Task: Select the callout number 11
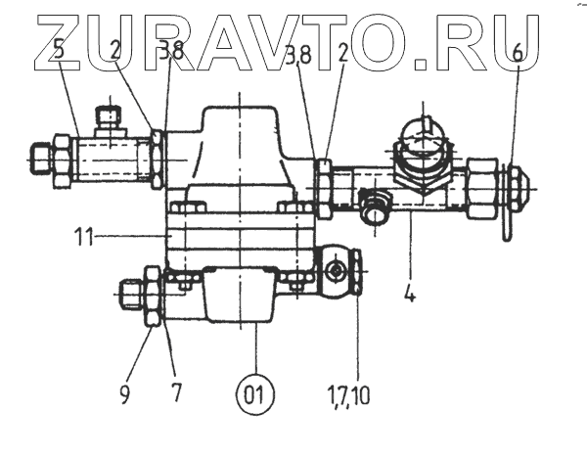[84, 236]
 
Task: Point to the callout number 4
[410, 292]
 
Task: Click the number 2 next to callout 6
[341, 54]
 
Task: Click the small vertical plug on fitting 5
[110, 121]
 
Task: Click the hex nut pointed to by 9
[153, 295]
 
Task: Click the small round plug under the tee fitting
[373, 208]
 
